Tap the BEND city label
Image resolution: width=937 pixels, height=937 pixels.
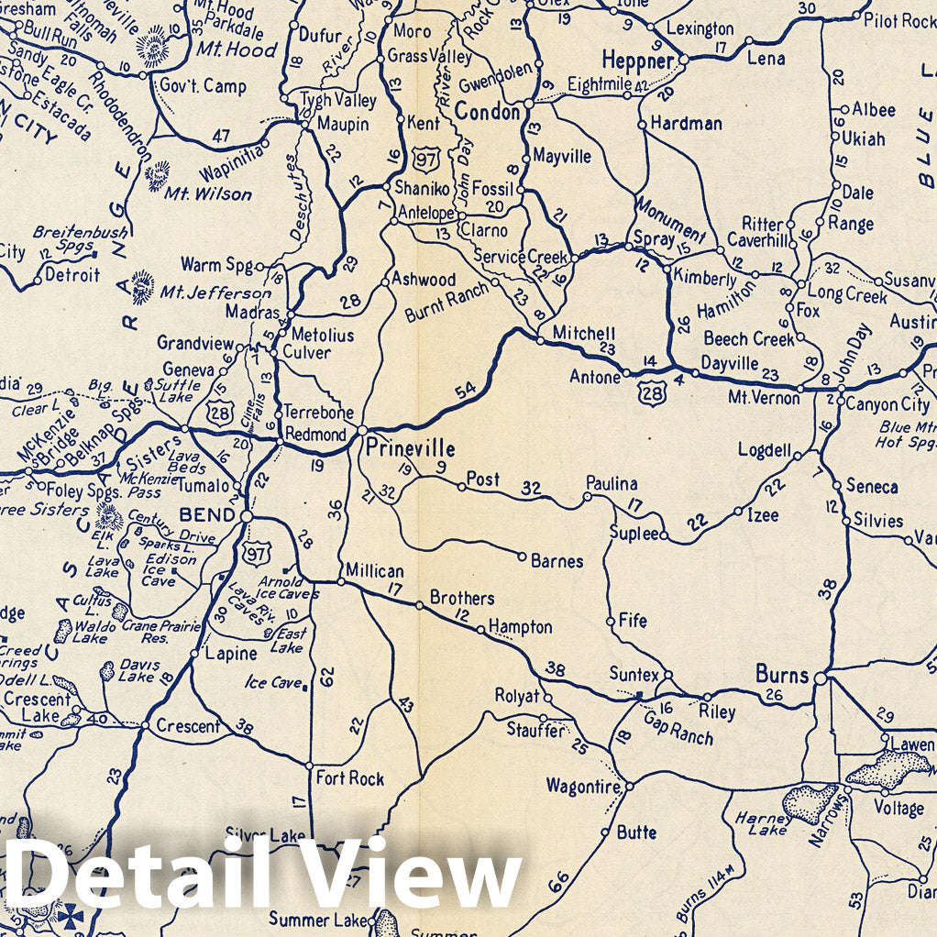(x=210, y=515)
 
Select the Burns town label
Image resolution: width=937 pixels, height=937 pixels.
(x=782, y=676)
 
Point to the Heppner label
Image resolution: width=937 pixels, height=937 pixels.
(x=638, y=61)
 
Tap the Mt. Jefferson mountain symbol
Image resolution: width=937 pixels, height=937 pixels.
(x=143, y=287)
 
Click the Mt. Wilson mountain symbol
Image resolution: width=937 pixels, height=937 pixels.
(x=159, y=175)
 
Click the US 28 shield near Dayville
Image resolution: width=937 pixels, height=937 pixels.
(x=650, y=395)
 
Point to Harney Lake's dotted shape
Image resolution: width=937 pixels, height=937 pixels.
(x=810, y=802)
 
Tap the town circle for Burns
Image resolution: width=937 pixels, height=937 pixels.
(x=820, y=679)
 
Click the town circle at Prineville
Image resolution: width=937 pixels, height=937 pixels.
(x=362, y=430)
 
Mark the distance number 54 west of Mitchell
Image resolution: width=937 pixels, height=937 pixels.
(x=466, y=391)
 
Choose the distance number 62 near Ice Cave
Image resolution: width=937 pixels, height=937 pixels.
(x=326, y=677)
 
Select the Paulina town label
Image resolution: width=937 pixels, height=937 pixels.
(x=613, y=484)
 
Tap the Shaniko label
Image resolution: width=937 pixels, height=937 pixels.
(x=422, y=188)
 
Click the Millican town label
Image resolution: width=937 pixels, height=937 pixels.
(x=374, y=570)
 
